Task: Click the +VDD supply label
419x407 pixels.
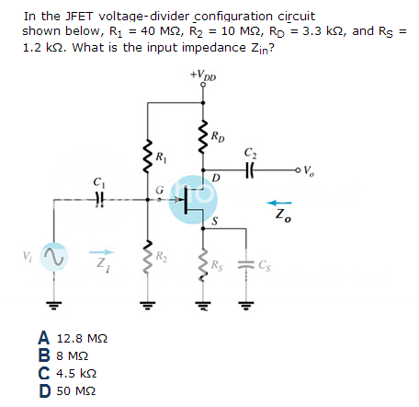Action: (203, 75)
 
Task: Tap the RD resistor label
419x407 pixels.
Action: (218, 136)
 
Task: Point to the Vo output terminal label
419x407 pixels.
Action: (309, 170)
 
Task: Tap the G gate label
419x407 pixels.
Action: (159, 191)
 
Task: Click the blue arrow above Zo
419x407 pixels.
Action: (279, 203)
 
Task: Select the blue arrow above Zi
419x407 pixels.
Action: (102, 252)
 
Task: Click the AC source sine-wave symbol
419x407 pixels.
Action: (54, 257)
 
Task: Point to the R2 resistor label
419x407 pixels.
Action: (161, 256)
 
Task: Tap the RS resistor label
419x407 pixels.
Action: (217, 265)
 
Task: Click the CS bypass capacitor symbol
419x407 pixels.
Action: (245, 264)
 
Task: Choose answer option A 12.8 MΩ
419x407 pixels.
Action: (73, 338)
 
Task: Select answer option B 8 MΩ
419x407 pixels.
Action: (63, 355)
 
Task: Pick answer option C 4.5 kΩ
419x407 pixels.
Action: (67, 373)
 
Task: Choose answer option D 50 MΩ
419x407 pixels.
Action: (67, 390)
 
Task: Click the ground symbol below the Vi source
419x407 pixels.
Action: (54, 305)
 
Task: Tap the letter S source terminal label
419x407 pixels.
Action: (215, 221)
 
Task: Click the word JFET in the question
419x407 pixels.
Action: (79, 17)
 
